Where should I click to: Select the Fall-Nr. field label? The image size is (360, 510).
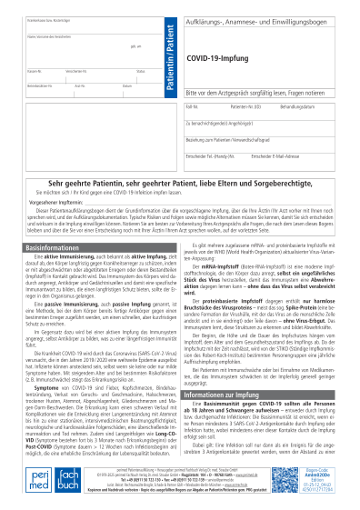click(193, 106)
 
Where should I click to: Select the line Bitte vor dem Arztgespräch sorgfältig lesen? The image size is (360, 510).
click(256, 92)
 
